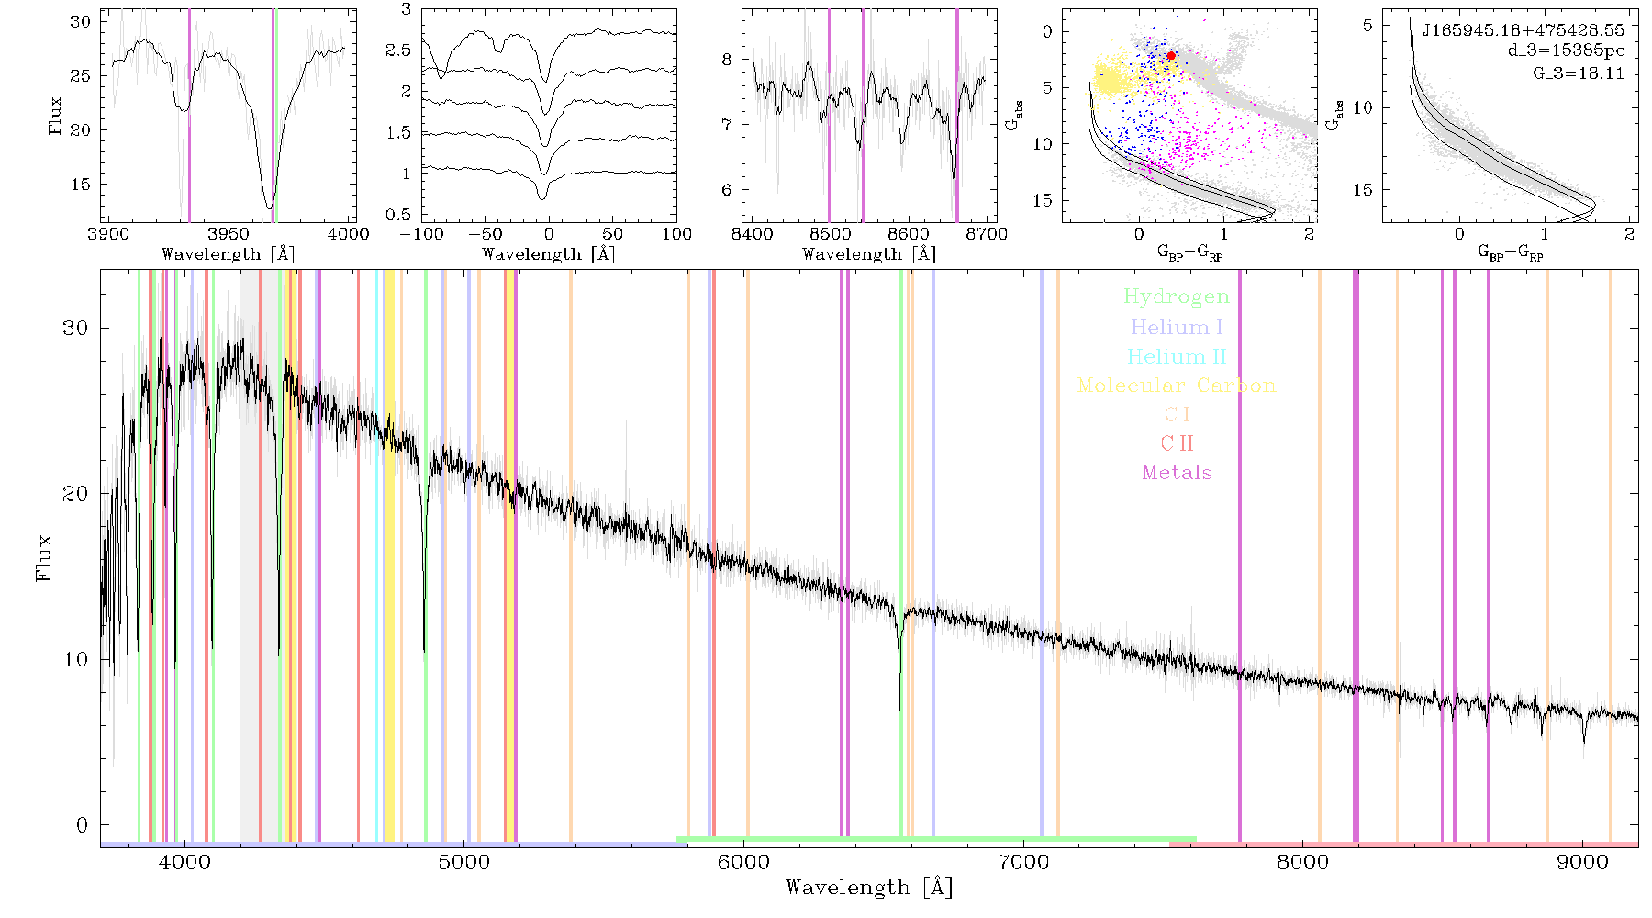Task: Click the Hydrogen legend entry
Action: point(1177,297)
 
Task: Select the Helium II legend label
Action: point(1177,356)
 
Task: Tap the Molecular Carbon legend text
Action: point(1177,386)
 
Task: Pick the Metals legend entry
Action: point(1177,473)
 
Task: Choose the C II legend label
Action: point(1177,443)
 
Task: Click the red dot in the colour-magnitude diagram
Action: point(1171,56)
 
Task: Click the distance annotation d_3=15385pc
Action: point(1566,50)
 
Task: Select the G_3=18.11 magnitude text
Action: point(1579,73)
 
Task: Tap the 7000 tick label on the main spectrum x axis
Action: point(1023,862)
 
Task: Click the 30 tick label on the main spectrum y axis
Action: point(75,329)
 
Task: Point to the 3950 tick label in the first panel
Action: point(229,234)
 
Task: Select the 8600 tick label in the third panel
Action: point(908,234)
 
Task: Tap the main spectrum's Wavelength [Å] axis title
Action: point(869,888)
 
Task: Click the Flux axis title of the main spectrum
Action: point(43,558)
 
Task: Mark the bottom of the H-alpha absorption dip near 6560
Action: point(899,709)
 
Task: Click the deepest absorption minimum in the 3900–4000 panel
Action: point(270,207)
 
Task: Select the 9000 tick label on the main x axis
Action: point(1582,862)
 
